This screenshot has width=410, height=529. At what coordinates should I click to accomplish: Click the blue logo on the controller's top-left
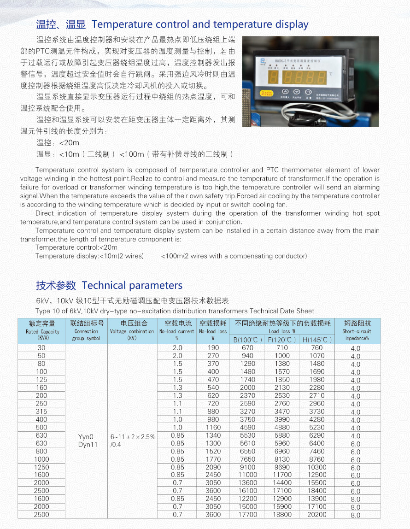[263, 60]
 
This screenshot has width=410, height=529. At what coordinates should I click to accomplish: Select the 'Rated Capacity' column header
[42, 331]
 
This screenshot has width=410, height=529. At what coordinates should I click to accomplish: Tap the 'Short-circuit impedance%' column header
[358, 331]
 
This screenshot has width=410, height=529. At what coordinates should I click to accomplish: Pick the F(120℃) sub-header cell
[281, 340]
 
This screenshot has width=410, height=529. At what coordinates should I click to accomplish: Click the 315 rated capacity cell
[41, 411]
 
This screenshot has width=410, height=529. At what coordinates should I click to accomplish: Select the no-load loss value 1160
[213, 428]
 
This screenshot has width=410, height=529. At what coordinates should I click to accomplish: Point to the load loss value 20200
[316, 515]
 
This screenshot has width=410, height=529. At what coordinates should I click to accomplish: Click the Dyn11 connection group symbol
[86, 444]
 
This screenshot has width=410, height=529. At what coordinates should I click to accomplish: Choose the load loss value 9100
[247, 467]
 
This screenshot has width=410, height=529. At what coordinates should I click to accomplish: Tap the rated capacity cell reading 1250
[41, 467]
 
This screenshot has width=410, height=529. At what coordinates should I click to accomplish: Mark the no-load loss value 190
[213, 348]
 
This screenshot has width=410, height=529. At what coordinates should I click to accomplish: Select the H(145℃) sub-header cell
[316, 340]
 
